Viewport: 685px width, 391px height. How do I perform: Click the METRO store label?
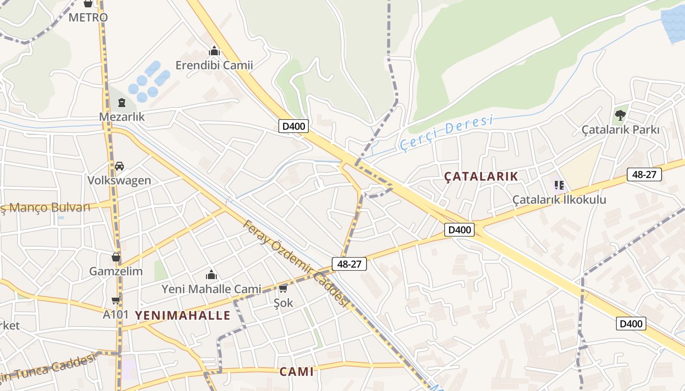pyautogui.click(x=88, y=18)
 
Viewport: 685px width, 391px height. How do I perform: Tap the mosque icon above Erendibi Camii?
pyautogui.click(x=214, y=51)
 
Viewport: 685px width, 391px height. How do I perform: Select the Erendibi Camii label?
pyautogui.click(x=214, y=65)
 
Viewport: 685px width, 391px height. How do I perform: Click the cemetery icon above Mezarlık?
pyautogui.click(x=121, y=103)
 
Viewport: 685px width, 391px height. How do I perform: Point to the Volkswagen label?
pyautogui.click(x=119, y=180)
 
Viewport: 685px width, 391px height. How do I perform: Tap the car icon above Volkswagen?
pyautogui.click(x=119, y=166)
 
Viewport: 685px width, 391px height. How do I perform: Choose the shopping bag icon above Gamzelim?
pyautogui.click(x=116, y=257)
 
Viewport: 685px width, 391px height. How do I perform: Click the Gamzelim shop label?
pyautogui.click(x=116, y=271)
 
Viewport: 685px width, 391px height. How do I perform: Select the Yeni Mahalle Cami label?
pyautogui.click(x=211, y=289)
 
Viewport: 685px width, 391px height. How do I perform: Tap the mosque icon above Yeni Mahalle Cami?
pyautogui.click(x=211, y=275)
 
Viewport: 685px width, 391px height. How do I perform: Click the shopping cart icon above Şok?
pyautogui.click(x=283, y=289)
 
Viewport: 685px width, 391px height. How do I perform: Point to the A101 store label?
pyautogui.click(x=115, y=314)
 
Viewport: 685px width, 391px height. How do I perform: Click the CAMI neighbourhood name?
pyautogui.click(x=297, y=371)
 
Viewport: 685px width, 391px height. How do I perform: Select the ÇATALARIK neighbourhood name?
pyautogui.click(x=480, y=176)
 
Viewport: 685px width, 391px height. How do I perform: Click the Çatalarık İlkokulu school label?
pyautogui.click(x=559, y=199)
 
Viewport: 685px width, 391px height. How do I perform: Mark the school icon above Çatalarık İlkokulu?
pyautogui.click(x=559, y=185)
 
